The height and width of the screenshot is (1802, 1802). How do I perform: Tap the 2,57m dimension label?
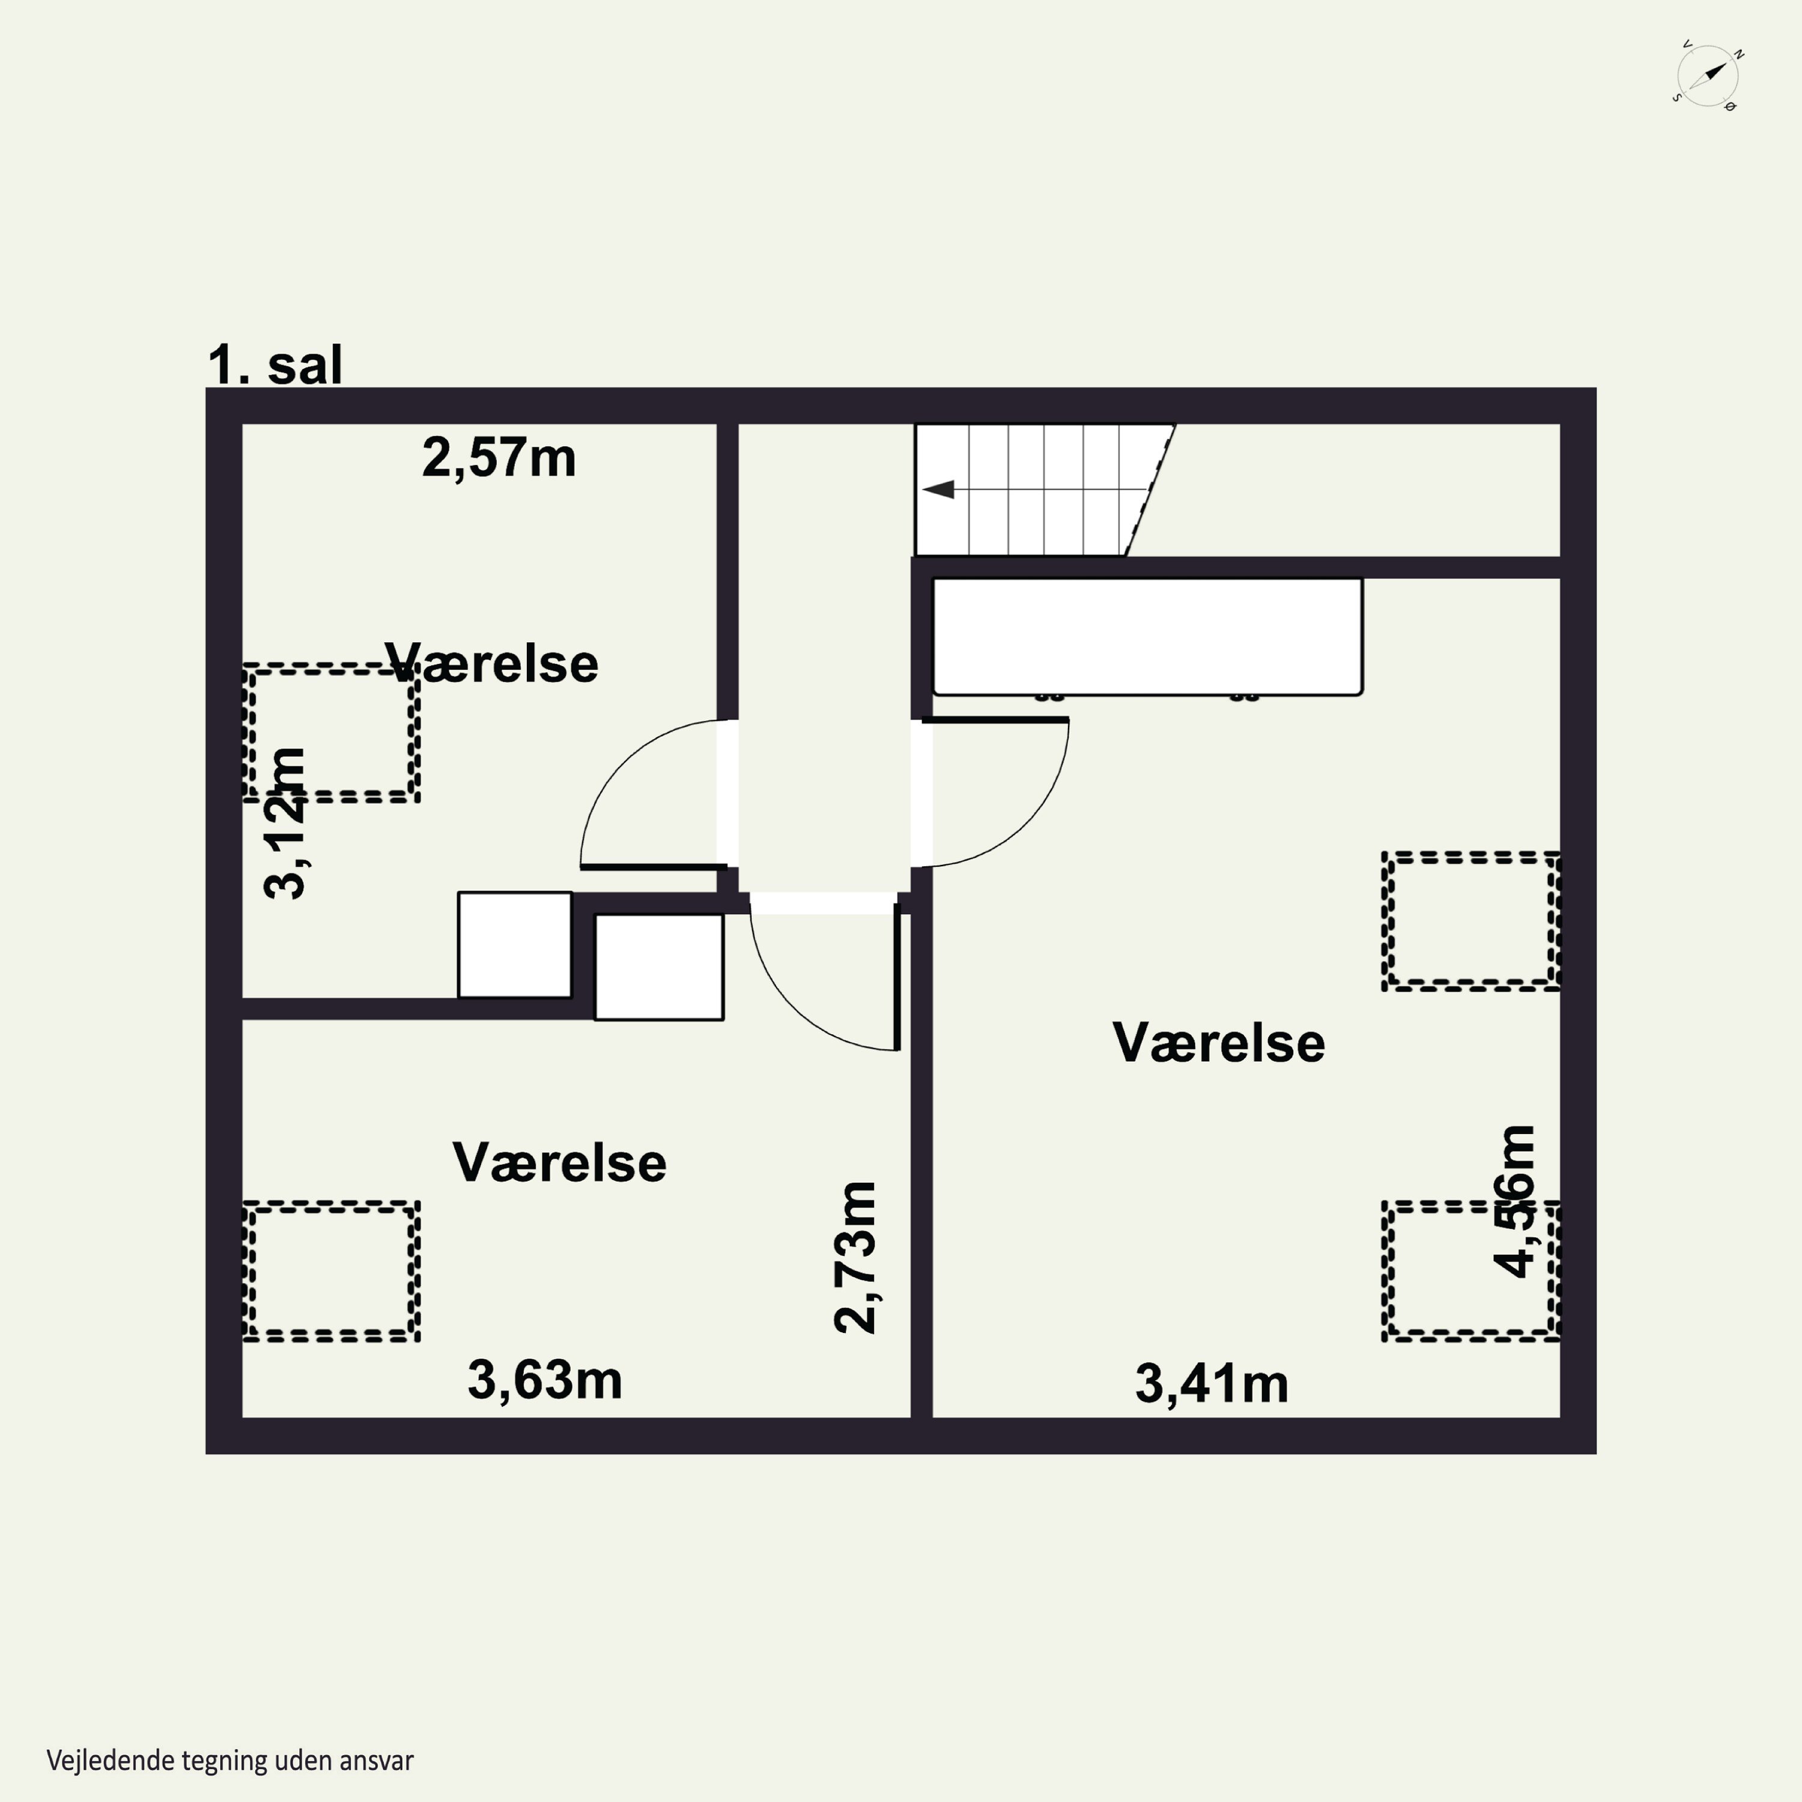(499, 458)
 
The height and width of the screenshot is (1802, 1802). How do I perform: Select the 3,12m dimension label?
(285, 824)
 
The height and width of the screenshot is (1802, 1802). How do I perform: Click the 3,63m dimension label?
(545, 1380)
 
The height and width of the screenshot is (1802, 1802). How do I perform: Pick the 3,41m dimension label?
(1212, 1384)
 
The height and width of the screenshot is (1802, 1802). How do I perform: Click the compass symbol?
(1708, 76)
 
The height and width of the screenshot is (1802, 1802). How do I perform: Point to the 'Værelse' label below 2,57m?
(491, 664)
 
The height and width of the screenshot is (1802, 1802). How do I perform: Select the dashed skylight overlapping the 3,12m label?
(331, 733)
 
